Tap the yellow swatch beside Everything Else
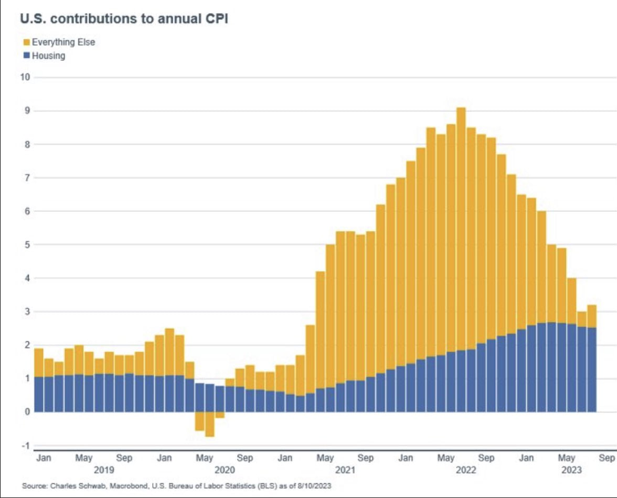(x=26, y=42)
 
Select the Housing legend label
(x=48, y=55)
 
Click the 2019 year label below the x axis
(x=104, y=470)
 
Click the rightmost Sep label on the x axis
(x=606, y=458)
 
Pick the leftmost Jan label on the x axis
(x=44, y=458)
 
